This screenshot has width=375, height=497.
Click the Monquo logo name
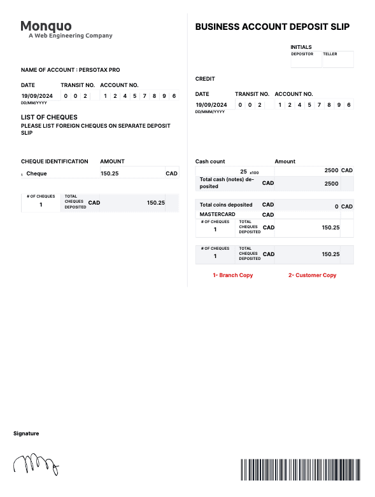coord(46,26)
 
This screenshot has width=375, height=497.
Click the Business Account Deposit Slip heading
coord(272,27)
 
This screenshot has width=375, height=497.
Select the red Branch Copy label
coord(232,275)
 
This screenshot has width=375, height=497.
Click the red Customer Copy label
coord(312,275)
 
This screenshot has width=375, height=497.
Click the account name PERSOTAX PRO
coord(99,70)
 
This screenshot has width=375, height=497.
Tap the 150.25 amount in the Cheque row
coord(110,174)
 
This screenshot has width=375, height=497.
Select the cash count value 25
coord(243,172)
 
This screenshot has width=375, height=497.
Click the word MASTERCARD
coord(218,215)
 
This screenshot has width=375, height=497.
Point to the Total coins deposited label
coord(226,205)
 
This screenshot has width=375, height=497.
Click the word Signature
coord(26,433)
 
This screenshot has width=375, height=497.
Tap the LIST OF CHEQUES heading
coord(49,117)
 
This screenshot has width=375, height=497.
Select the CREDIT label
coord(205,79)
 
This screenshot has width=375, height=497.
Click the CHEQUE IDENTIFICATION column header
coord(55,161)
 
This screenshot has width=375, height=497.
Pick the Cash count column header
coord(210,161)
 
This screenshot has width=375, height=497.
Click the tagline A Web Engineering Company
coord(70,36)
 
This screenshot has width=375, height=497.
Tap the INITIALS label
coord(301,47)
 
